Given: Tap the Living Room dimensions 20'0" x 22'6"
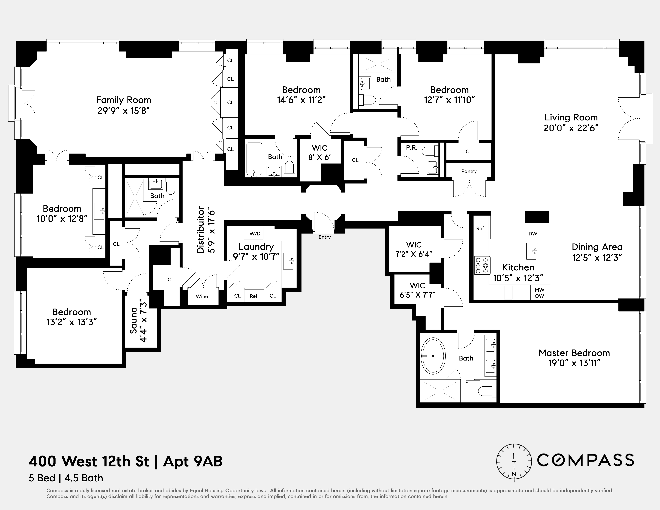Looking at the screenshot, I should coord(571,128).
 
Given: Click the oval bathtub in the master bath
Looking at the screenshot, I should coord(433,356).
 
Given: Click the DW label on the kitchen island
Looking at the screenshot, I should coord(533,234).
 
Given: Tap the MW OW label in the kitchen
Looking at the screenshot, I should coord(539,293).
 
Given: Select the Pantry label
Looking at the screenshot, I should coord(469,171).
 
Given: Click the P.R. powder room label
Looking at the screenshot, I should coord(412,148).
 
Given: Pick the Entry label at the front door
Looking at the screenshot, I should coord(325,237).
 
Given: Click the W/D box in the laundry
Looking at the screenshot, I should coord(255,234).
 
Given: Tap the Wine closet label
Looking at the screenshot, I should coord(202,296).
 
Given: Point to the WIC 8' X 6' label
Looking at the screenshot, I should coord(319,153).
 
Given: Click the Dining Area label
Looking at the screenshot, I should coord(597,247).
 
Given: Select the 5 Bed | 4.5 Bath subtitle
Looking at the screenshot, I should coord(66,478).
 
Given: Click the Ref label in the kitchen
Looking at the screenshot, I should coord(480,228).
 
